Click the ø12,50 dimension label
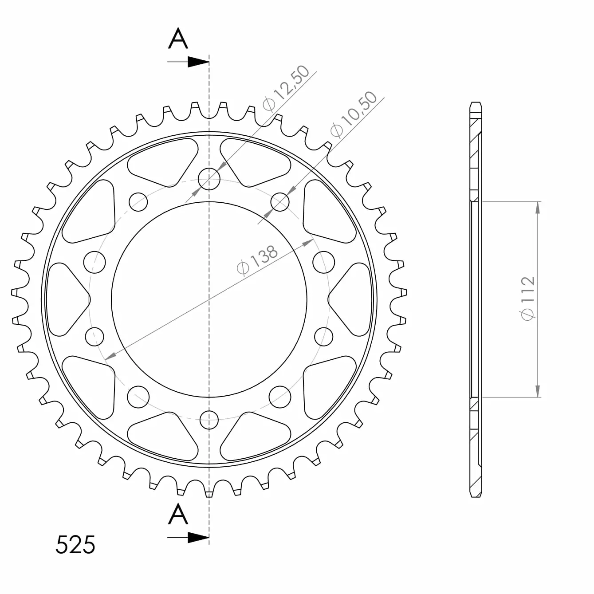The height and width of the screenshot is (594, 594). [286, 88]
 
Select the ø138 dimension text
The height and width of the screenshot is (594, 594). [257, 260]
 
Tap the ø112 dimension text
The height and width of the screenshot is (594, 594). [527, 299]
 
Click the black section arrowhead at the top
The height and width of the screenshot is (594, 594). [198, 62]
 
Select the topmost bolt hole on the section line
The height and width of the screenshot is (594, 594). [209, 179]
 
